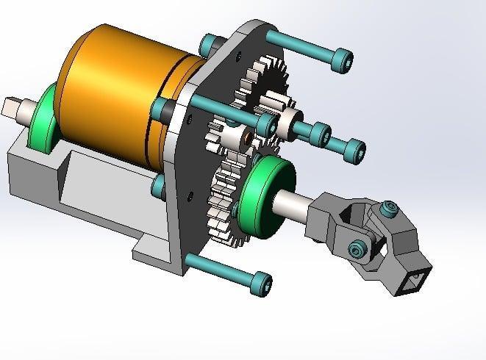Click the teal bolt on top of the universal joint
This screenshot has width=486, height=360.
387,211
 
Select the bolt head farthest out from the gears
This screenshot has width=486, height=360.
354,150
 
